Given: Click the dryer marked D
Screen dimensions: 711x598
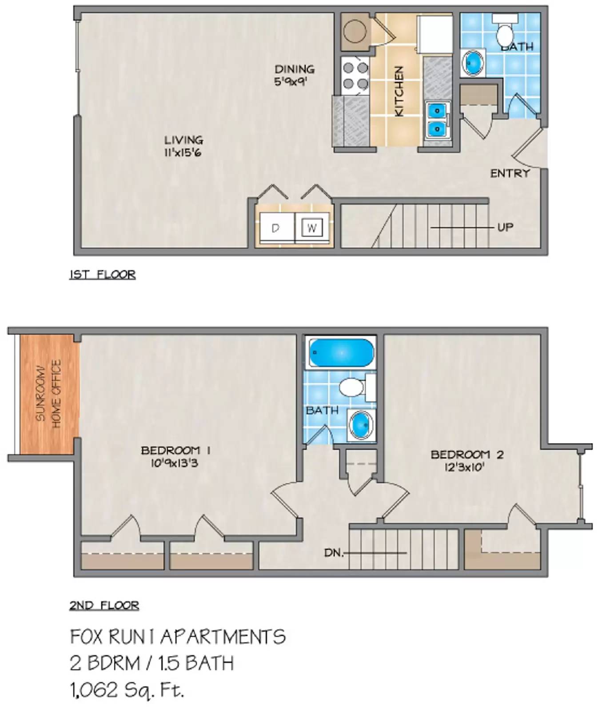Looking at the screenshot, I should [276, 228].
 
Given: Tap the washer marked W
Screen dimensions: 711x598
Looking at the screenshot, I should [311, 228].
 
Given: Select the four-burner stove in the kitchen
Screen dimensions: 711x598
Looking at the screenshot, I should [355, 76].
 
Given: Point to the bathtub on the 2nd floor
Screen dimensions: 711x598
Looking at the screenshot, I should [341, 352].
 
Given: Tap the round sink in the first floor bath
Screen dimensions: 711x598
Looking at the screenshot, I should [472, 62].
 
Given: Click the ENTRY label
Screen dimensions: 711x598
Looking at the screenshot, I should [510, 173].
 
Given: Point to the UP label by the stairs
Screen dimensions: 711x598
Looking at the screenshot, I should [505, 227].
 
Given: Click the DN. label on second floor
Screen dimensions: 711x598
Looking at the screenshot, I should [334, 553].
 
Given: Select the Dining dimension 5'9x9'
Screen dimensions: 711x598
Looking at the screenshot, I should [291, 81].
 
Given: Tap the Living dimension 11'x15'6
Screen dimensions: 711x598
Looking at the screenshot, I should [183, 152].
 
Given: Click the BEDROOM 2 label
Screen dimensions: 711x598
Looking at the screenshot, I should [467, 455].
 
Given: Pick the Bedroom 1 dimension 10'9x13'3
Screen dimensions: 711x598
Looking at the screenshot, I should [174, 463].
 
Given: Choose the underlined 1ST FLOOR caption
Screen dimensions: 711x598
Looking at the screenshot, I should [102, 275].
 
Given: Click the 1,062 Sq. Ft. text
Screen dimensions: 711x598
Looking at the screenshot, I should [127, 690].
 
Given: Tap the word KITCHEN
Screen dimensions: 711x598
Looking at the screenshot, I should [399, 91].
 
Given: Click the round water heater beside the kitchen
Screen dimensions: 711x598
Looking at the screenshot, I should [355, 31].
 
